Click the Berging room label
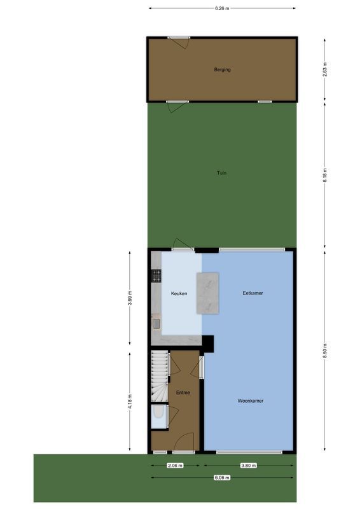coord(222,69)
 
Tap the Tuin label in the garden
coord(221,172)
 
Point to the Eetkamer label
coord(253,293)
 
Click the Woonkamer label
coord(251,401)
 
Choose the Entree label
coord(183,393)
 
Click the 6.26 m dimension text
coord(221,8)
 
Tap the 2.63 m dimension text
coord(324,69)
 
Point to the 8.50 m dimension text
coord(324,352)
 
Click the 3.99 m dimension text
coord(130,299)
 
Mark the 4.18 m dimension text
coord(130,401)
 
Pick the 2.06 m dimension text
coord(175,466)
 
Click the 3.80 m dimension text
coord(249,466)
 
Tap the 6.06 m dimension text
coord(221,478)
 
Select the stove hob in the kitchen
coord(156,275)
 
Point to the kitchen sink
coord(156,324)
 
